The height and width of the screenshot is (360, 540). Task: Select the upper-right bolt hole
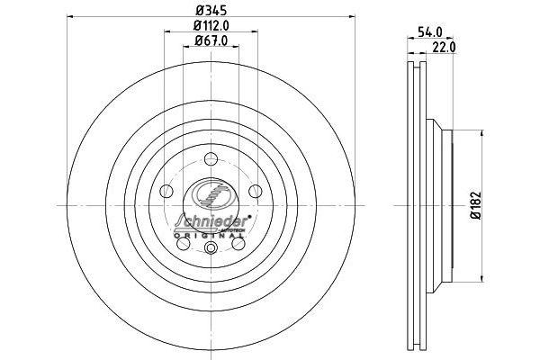255,190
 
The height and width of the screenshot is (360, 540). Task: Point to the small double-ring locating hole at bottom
211,251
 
